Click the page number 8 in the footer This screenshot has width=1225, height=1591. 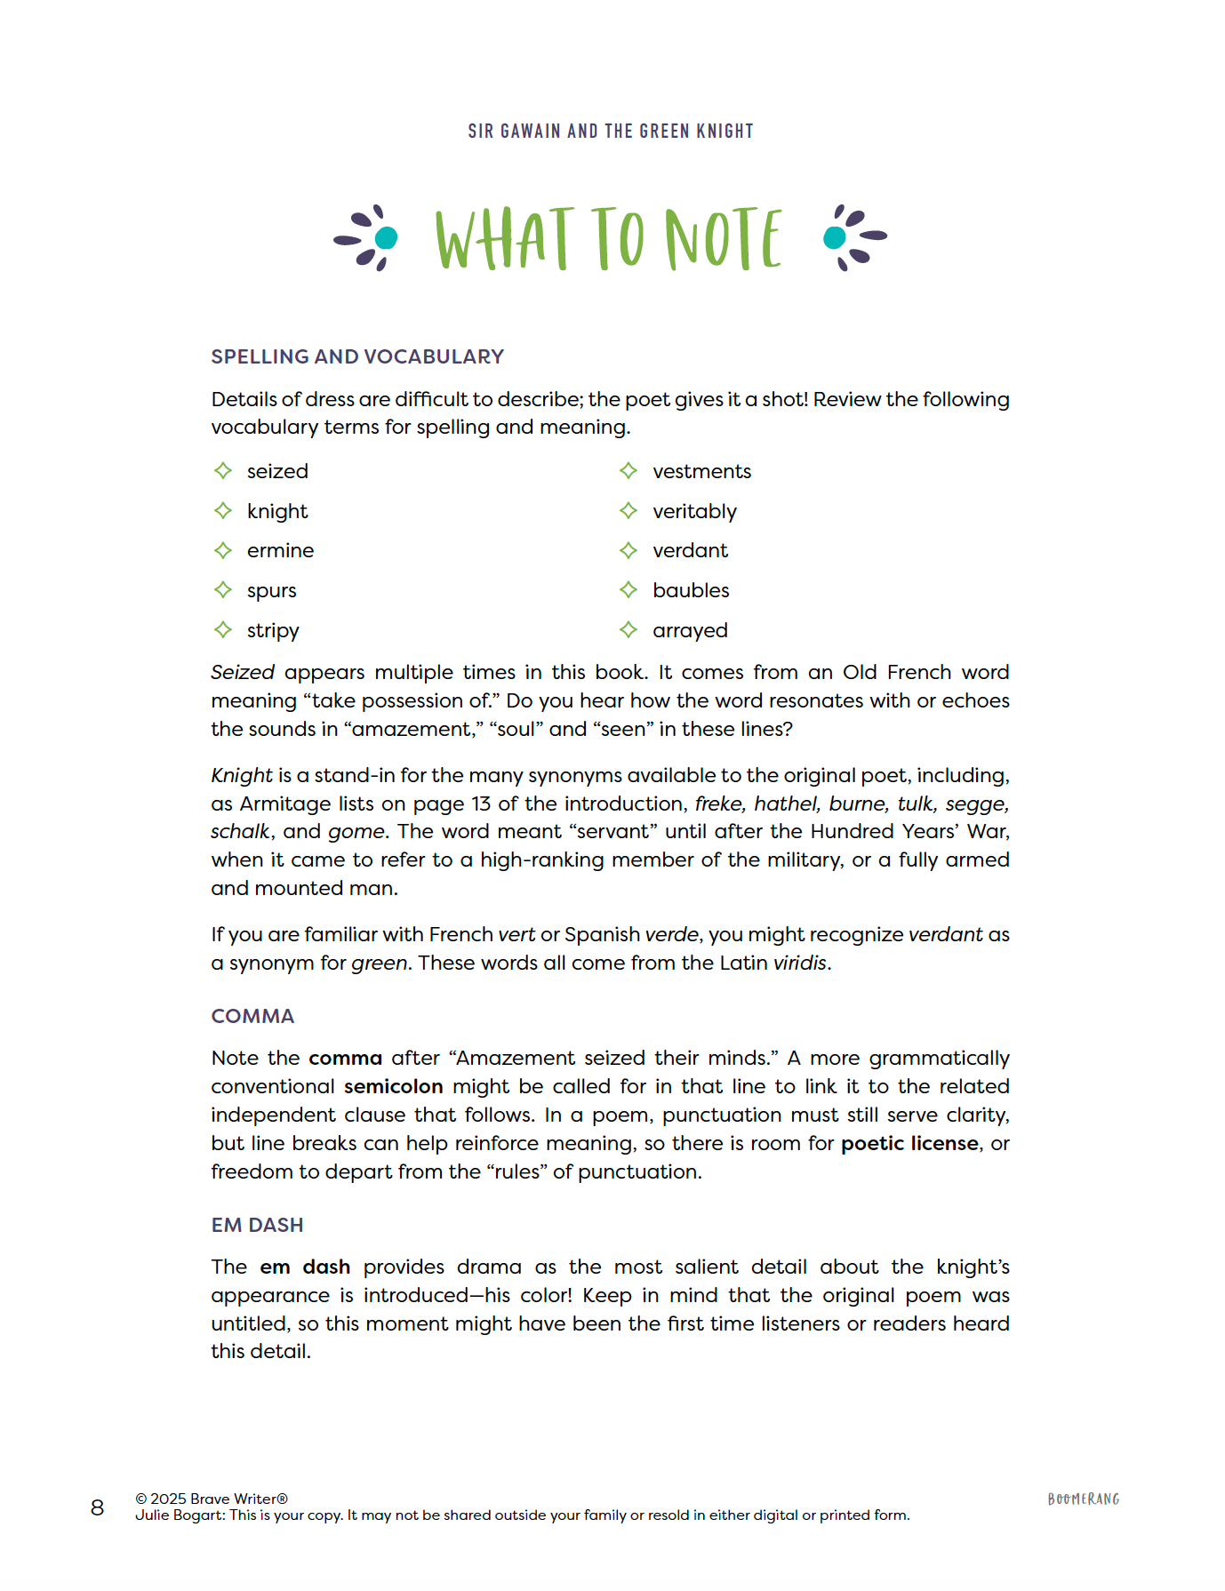click(98, 1507)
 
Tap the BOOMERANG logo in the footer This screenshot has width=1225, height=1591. click(1083, 1499)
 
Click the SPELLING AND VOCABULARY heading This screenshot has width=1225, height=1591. click(357, 356)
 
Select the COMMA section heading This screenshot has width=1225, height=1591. click(252, 1016)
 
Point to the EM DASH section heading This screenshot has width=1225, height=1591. click(257, 1225)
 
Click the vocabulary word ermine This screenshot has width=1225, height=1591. click(280, 551)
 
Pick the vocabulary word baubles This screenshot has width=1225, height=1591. click(691, 591)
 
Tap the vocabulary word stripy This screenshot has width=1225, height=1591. click(273, 631)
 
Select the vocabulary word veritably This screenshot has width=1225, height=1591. click(694, 512)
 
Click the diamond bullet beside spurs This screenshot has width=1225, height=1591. click(223, 590)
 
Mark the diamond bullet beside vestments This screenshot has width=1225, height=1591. click(629, 471)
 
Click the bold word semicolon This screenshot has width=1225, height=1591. click(393, 1086)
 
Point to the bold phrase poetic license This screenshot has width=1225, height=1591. click(909, 1143)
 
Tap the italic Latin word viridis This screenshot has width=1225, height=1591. click(800, 963)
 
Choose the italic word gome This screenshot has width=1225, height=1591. click(356, 832)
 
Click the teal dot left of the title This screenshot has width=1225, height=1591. click(387, 238)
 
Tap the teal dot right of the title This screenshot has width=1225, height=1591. click(835, 237)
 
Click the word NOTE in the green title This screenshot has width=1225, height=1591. click(724, 238)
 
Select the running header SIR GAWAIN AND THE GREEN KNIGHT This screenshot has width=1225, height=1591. click(611, 132)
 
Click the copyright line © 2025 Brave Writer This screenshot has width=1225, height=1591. click(212, 1499)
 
